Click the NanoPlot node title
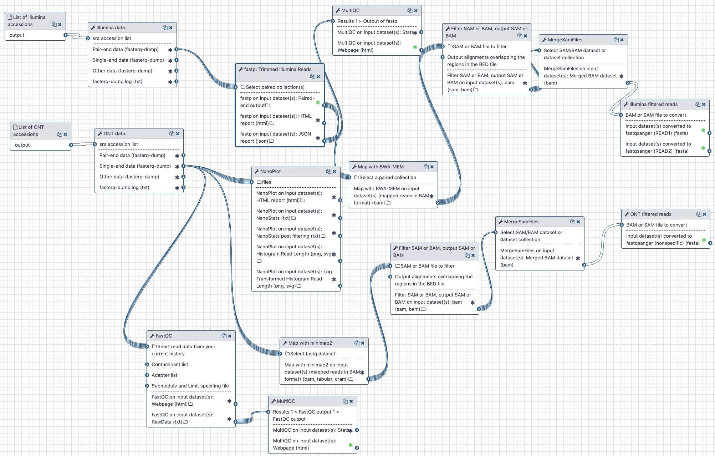(270, 171)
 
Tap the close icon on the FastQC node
(230, 336)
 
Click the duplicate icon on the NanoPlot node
(328, 171)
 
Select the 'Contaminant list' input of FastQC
(170, 364)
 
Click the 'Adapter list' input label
(164, 375)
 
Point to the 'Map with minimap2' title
(310, 343)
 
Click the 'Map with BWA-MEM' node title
(381, 167)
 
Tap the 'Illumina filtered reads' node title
(653, 104)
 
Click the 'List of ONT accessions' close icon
(65, 134)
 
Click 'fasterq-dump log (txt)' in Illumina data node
(117, 81)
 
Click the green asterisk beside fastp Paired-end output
(318, 102)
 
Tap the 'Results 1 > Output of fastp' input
(367, 21)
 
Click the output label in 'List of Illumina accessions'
(17, 35)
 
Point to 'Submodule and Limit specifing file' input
(190, 386)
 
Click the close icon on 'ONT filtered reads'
(704, 214)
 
